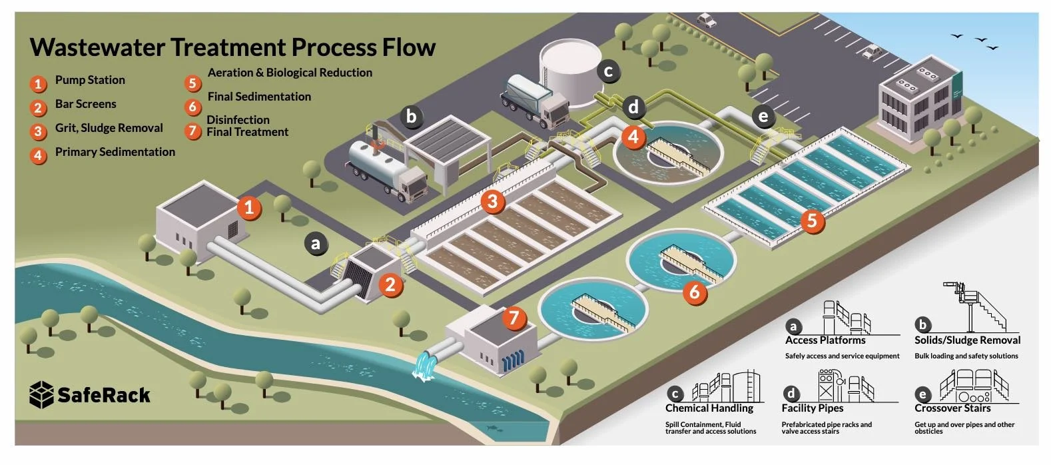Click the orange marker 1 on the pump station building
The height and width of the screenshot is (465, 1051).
click(x=249, y=207)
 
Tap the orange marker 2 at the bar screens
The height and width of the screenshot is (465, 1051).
click(x=390, y=285)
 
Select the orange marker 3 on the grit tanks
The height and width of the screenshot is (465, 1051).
click(x=492, y=201)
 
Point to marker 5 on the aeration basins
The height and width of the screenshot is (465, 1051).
click(x=811, y=220)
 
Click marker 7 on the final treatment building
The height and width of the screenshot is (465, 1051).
click(x=514, y=317)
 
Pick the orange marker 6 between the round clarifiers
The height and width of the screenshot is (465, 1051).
click(x=695, y=291)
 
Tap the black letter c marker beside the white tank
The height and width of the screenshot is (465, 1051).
click(x=608, y=71)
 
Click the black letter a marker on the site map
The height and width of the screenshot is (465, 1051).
click(x=316, y=244)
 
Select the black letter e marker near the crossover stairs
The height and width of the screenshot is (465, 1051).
click(x=763, y=117)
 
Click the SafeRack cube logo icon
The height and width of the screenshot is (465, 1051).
click(x=41, y=394)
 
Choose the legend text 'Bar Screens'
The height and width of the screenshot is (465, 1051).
click(x=85, y=104)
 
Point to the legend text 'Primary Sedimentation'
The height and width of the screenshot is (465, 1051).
click(x=115, y=152)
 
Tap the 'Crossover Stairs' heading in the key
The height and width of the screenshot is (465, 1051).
click(x=952, y=408)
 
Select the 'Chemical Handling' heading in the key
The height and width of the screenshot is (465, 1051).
click(x=709, y=408)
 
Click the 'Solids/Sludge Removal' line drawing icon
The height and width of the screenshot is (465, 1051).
click(x=973, y=308)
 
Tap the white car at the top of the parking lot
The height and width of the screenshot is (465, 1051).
click(x=706, y=21)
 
